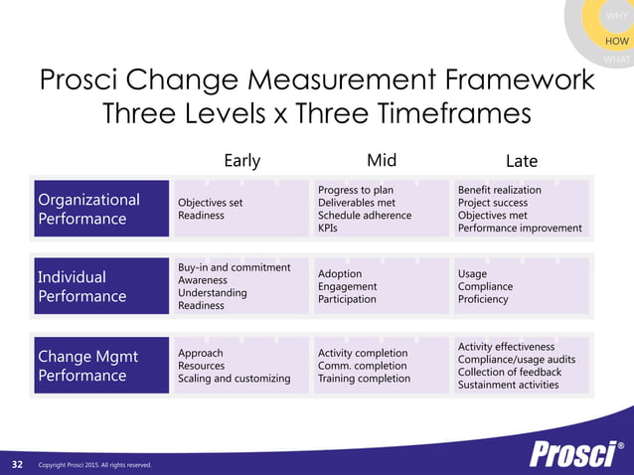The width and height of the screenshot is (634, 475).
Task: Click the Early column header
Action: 242,161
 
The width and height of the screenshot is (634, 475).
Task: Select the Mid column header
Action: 383,161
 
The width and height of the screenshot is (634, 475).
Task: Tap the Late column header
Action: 521,161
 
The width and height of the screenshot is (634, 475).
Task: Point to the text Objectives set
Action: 211,203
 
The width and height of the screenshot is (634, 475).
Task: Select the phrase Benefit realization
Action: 500,190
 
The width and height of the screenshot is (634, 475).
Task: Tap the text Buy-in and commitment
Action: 235,267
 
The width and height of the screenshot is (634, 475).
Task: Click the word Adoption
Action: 340,273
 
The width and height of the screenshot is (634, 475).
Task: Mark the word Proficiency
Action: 483,299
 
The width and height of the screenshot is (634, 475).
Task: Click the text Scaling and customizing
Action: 235,379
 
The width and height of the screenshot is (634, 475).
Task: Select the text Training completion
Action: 364,379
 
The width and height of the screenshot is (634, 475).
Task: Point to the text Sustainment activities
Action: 508,385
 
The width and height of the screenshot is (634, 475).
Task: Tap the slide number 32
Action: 17,464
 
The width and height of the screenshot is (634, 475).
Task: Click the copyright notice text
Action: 94,465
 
